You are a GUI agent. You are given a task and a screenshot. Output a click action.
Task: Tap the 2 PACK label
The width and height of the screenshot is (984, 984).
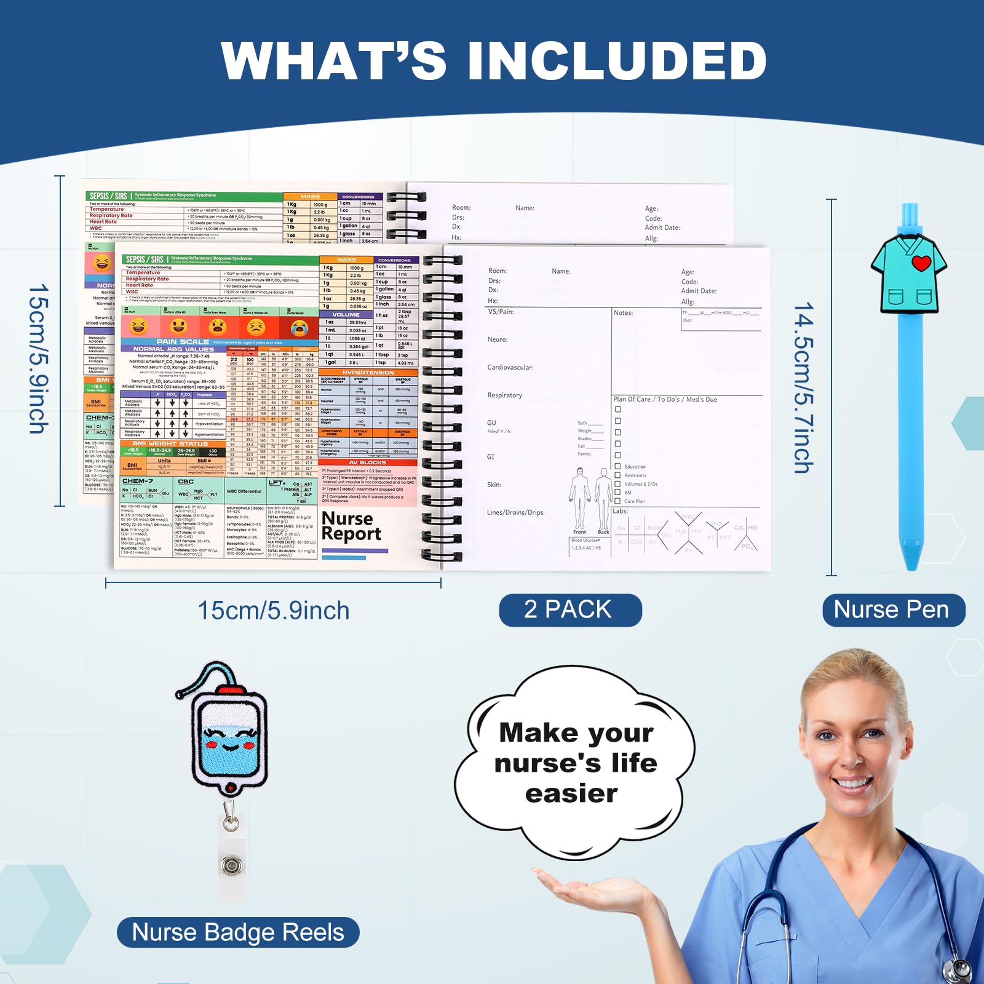[569, 609]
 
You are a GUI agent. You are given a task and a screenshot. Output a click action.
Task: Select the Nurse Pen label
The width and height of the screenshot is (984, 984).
[893, 609]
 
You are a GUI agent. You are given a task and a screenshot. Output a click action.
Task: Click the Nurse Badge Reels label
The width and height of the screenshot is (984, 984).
[238, 932]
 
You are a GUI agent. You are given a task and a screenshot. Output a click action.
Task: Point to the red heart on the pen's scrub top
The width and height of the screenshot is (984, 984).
[921, 263]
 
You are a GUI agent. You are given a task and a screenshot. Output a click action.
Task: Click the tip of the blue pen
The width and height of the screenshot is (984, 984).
[911, 563]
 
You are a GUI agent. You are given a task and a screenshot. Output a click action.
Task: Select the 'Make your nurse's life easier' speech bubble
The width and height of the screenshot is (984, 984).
[576, 763]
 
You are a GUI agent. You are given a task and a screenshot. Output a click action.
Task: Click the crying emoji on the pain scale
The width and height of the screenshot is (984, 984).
[300, 327]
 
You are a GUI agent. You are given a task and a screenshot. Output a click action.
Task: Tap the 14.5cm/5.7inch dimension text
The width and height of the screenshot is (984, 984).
[804, 387]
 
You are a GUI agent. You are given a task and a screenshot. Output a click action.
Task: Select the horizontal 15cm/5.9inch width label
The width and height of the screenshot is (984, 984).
[274, 611]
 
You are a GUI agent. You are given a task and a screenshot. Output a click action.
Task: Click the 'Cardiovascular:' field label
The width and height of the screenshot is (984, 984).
[510, 367]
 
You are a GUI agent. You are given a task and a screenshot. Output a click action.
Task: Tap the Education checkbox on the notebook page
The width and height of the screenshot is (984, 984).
[617, 466]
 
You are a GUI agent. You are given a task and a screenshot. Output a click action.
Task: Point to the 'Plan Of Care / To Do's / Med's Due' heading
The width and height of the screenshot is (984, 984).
[665, 399]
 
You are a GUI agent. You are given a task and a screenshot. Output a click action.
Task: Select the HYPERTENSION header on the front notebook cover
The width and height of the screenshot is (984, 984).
[368, 373]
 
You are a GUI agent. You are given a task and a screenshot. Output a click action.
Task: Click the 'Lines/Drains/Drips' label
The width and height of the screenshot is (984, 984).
[515, 512]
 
